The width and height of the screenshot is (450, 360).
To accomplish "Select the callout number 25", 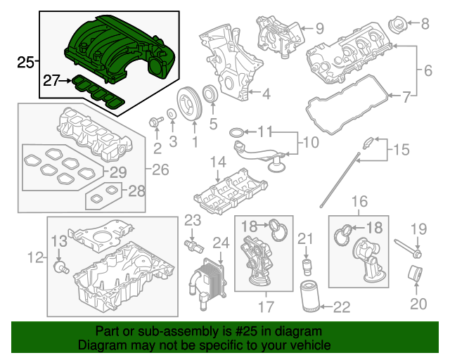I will pos(25,63).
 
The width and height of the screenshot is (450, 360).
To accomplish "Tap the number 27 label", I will pos(51,81).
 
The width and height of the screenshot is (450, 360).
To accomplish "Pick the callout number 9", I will pos(319,29).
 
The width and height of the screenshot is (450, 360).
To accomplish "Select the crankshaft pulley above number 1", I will pos(188,102).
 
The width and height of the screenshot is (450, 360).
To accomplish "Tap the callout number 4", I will pos(266,93).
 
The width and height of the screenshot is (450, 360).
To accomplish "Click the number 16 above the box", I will pos(359,202).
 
